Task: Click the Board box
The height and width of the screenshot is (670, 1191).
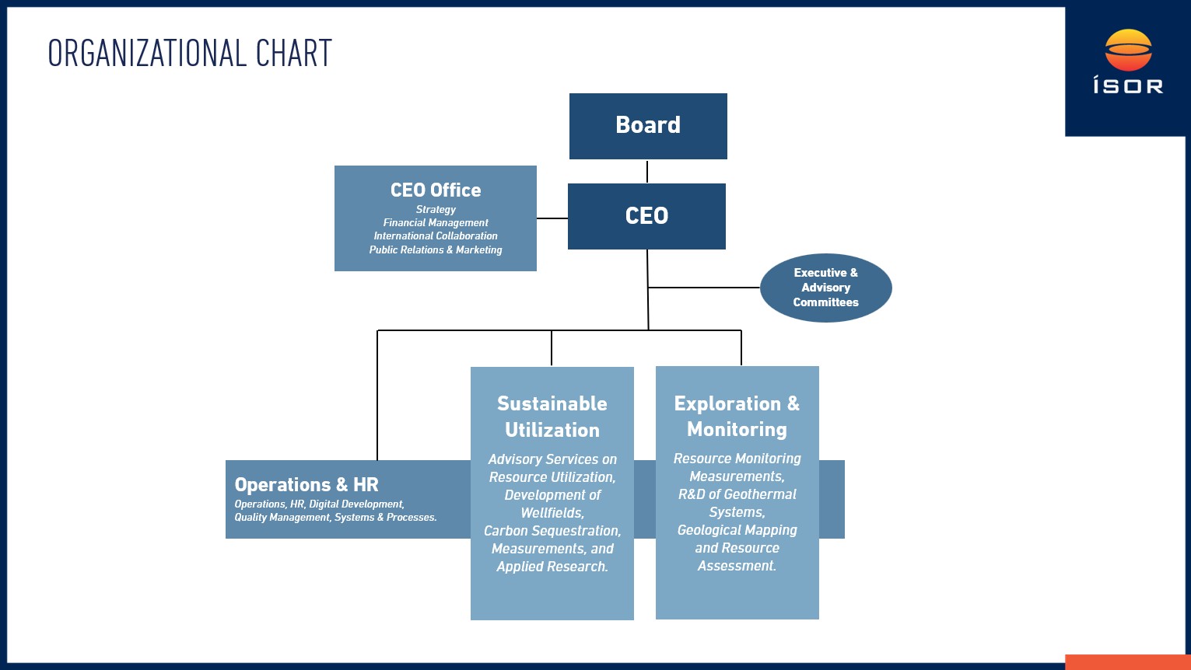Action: point(648,126)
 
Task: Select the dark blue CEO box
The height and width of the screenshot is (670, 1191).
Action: point(646,216)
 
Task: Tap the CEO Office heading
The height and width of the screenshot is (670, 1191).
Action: point(436,190)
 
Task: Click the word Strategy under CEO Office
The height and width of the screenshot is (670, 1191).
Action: point(436,209)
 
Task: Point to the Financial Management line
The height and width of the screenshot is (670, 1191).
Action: point(436,222)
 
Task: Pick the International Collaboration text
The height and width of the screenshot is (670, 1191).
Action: point(436,236)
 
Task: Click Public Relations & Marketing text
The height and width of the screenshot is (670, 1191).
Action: point(436,250)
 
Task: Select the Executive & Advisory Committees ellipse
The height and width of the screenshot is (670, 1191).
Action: point(825,288)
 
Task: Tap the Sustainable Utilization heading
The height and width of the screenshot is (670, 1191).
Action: point(552,417)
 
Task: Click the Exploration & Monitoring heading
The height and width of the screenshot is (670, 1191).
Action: point(737,416)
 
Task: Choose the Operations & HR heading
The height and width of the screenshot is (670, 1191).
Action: point(307,485)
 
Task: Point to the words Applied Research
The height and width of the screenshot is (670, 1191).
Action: point(552,567)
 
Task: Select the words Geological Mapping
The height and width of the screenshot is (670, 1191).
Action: point(737,530)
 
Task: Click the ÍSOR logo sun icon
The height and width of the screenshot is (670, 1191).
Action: point(1128,50)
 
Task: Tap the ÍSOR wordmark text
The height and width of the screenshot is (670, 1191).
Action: point(1128,85)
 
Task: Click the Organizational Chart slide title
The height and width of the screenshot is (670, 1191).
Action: point(190,54)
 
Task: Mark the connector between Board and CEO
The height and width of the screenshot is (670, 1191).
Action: point(647,171)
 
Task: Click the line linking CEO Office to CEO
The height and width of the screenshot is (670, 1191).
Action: point(552,218)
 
